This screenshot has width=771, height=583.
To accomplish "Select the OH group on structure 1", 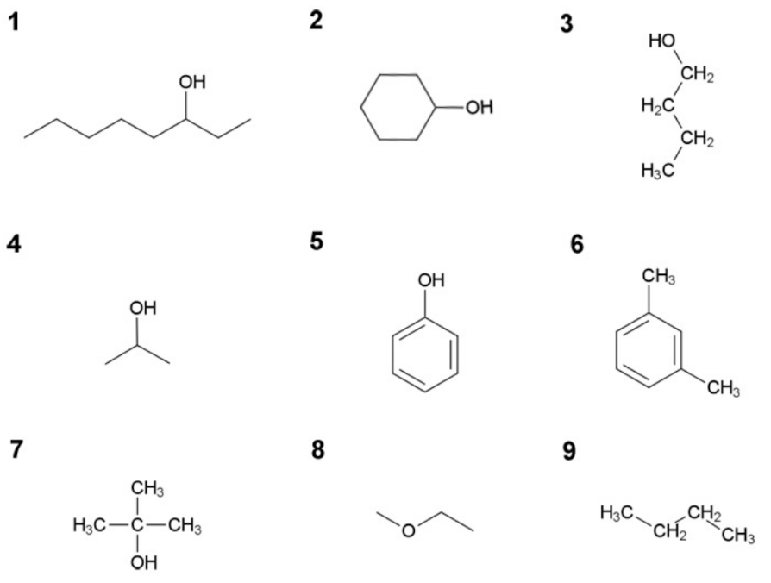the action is (x=191, y=83).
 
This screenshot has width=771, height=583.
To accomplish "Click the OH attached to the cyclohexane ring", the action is (x=480, y=108).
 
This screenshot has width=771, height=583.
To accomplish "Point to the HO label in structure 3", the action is (x=661, y=41).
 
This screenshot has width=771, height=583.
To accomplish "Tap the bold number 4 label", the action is (x=13, y=245).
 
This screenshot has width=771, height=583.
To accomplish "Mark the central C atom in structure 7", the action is (x=136, y=524).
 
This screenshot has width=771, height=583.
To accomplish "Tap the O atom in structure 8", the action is (x=408, y=530).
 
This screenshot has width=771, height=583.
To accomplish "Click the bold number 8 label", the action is (x=318, y=450).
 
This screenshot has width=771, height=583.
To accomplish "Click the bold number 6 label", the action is (x=576, y=245).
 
